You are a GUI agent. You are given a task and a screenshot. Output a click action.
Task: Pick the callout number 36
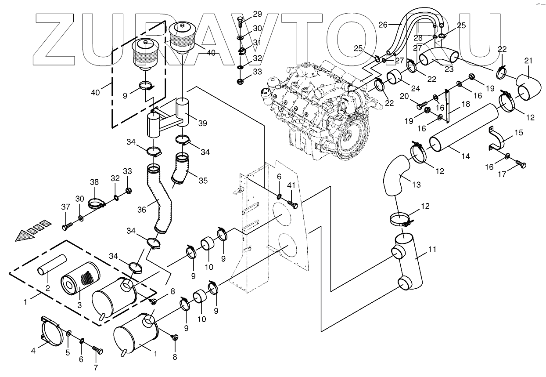[141, 210]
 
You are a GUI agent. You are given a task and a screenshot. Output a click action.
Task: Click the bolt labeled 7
[98, 351]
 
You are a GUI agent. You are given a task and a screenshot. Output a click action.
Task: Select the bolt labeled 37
[66, 226]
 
